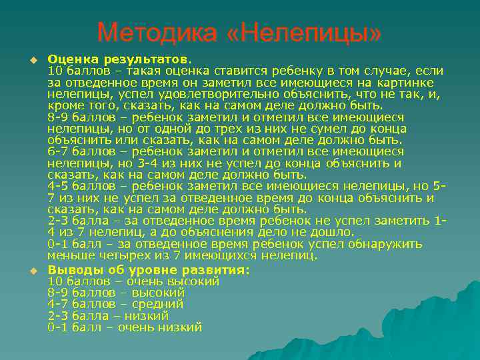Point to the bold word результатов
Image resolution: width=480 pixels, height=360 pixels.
click(x=143, y=59)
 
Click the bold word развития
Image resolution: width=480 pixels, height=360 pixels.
click(x=215, y=270)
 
